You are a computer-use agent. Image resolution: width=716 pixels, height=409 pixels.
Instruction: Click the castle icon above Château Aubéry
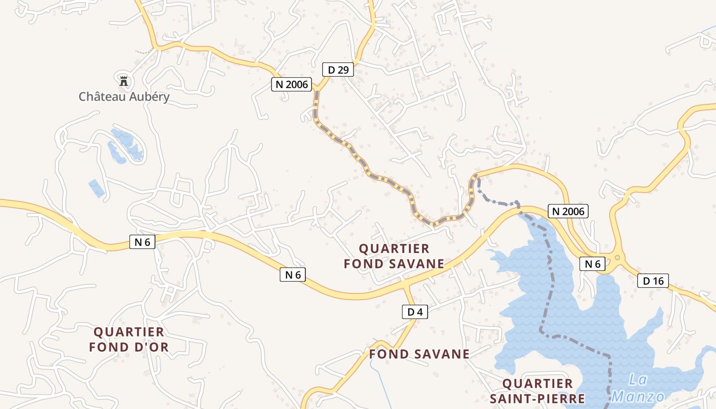click(x=123, y=81)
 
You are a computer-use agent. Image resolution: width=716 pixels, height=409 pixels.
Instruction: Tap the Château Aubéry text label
click(x=124, y=97)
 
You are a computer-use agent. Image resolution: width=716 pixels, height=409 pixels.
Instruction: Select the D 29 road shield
click(x=338, y=70)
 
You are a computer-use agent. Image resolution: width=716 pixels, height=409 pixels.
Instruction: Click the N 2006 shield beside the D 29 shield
click(x=292, y=84)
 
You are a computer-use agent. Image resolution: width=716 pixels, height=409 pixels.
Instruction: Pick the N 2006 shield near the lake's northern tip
click(x=568, y=211)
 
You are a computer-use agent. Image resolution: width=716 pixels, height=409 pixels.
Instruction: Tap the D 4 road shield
click(x=415, y=311)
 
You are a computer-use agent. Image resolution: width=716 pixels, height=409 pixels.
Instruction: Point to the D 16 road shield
click(x=653, y=280)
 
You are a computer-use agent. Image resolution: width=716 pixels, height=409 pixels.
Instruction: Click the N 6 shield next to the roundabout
click(x=592, y=264)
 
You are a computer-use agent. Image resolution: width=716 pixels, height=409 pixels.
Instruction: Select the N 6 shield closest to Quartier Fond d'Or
click(x=142, y=242)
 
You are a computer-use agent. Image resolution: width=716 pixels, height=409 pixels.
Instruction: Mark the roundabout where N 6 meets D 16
click(x=617, y=258)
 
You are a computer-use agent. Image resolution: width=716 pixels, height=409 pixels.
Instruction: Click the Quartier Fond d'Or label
click(x=129, y=339)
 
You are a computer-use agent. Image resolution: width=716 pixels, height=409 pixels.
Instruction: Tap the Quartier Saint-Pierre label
click(x=537, y=391)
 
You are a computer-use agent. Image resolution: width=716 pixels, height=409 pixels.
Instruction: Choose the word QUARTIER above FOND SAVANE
click(x=394, y=248)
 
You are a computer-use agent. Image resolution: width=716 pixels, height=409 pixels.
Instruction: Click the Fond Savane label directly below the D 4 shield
click(x=419, y=354)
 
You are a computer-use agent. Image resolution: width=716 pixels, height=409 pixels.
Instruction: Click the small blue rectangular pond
click(x=96, y=188)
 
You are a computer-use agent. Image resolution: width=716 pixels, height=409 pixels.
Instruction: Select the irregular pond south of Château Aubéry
click(x=125, y=146)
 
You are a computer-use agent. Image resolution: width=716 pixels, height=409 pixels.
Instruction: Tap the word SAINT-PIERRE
click(x=537, y=398)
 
